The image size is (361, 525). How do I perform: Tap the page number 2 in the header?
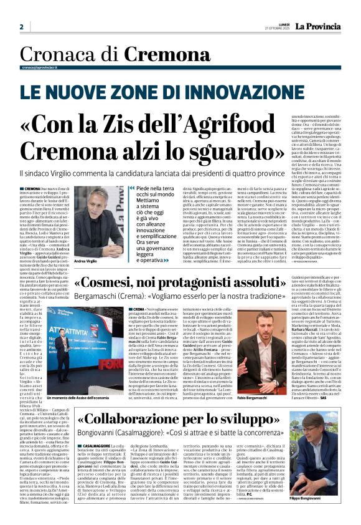coord(21,27)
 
